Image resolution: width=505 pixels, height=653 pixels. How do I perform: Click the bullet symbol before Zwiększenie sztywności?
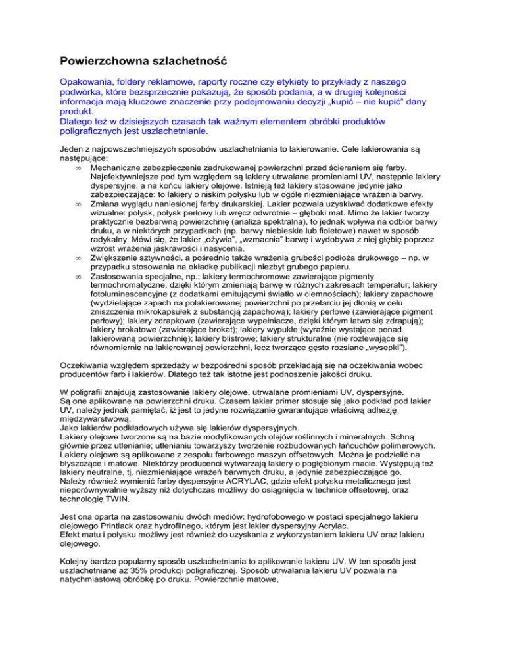[x=79, y=269]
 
